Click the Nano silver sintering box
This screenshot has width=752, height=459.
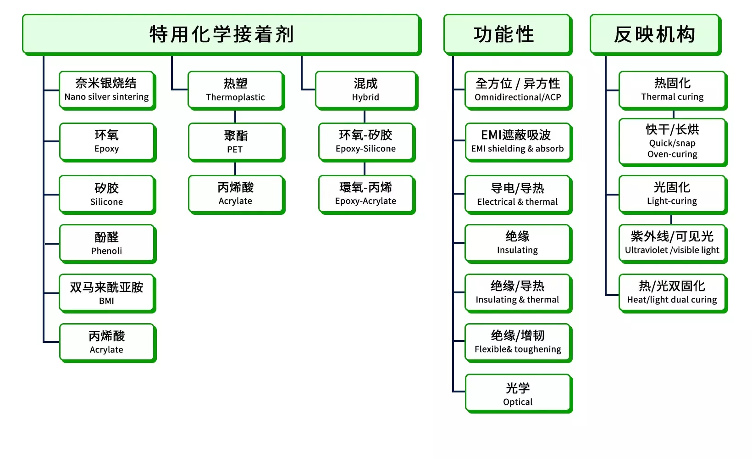point(107,90)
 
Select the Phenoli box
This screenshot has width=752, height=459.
point(107,244)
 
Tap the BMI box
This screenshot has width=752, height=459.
point(107,293)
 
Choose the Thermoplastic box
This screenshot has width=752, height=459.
point(236,90)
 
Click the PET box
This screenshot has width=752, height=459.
point(236,142)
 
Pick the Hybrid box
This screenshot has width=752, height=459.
point(367,90)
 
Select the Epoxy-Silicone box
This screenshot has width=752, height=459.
point(367,142)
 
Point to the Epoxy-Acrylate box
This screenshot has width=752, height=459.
point(367,195)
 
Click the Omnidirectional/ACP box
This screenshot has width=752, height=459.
point(518,90)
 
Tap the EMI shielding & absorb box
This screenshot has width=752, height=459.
point(518,142)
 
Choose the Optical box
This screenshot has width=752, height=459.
point(519,393)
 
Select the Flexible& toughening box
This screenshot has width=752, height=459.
point(518,343)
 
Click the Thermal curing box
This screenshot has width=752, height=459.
point(673,90)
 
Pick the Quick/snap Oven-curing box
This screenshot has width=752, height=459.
point(673,142)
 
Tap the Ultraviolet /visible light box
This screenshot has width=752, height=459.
point(673,244)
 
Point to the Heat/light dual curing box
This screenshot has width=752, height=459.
point(673,293)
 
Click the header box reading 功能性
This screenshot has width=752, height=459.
point(508,34)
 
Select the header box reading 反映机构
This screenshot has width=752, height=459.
point(655,34)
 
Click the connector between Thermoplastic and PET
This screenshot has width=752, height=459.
point(235,116)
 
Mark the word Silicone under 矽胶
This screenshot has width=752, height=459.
point(106,202)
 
